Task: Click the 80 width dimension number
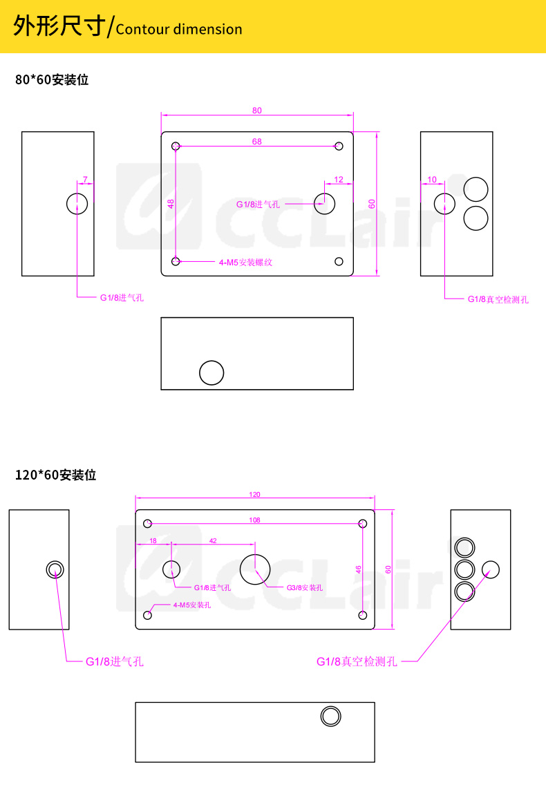257,111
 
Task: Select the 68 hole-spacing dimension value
257,142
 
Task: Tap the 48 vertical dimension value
171,204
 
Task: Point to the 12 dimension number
339,180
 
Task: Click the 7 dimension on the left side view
85,179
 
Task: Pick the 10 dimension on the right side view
431,180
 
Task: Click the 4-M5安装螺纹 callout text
245,263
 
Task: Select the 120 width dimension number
255,494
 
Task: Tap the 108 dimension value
255,520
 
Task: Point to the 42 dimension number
214,541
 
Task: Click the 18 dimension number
153,541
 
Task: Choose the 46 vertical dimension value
359,569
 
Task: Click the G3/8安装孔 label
304,588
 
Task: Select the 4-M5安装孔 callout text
192,605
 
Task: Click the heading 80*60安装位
52,80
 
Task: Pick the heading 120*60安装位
56,475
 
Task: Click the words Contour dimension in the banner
179,30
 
